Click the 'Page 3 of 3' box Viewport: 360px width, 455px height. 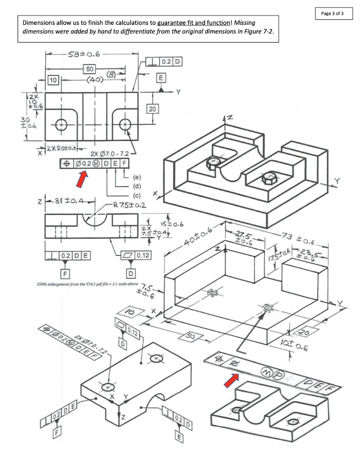(332, 13)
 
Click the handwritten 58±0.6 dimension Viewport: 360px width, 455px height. (84, 55)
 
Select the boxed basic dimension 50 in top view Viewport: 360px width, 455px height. (90, 69)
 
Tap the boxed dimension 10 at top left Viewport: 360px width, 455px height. (54, 80)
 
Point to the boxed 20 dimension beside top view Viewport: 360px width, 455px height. (152, 109)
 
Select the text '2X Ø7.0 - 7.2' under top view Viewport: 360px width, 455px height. (108, 154)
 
